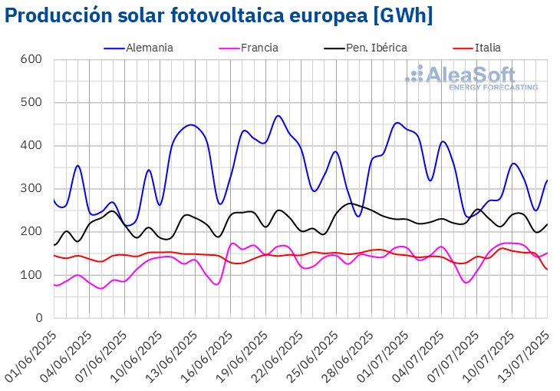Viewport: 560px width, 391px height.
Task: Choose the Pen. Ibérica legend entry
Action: click(x=366, y=48)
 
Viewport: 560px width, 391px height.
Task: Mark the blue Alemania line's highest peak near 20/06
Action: click(x=278, y=116)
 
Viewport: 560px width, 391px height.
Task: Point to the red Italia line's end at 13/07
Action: click(x=547, y=269)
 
